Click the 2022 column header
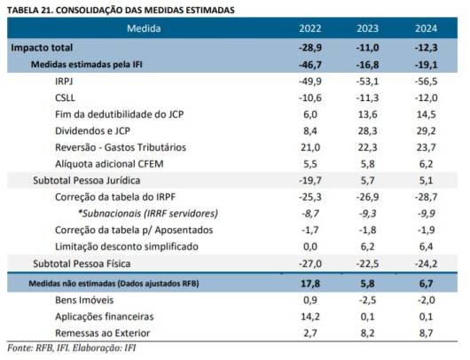click(310, 28)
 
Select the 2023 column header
click(367, 28)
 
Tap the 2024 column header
click(426, 28)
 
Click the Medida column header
click(144, 28)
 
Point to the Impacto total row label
click(42, 48)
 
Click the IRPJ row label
click(64, 82)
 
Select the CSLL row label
click(65, 98)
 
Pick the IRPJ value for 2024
click(426, 82)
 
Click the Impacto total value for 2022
click(310, 48)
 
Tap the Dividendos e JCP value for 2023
click(367, 131)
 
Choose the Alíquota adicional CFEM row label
click(109, 164)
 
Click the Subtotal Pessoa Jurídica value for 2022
click(310, 181)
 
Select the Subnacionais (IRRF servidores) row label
click(148, 214)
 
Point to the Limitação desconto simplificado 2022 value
click(310, 247)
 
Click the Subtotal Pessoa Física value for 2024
click(426, 263)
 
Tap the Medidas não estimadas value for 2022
click(310, 283)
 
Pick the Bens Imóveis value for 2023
click(367, 300)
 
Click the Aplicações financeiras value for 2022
click(310, 317)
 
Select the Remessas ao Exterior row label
click(103, 333)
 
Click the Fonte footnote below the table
click(71, 348)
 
